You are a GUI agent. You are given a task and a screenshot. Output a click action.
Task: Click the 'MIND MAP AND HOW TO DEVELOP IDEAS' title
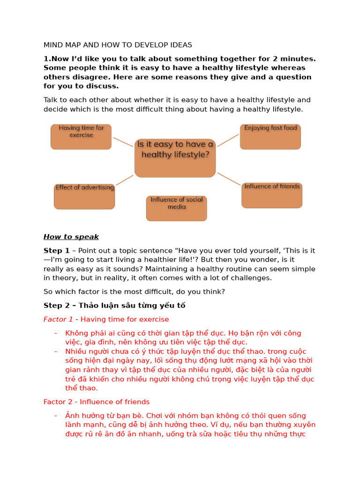[x=118, y=45]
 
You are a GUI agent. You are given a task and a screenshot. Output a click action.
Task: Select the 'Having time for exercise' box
[x=81, y=136]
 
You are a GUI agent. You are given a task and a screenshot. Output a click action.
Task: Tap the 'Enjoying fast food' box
[x=270, y=136]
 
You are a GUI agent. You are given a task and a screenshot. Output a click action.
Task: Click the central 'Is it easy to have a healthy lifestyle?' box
[x=175, y=157]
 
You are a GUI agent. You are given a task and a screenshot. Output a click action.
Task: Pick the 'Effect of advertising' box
[x=84, y=196]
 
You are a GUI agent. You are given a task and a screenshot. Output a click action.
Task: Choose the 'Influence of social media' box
[x=176, y=208]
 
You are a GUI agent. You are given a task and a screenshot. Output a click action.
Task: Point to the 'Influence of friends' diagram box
[x=272, y=195]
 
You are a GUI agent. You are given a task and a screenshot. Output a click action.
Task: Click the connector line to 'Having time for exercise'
[x=123, y=142]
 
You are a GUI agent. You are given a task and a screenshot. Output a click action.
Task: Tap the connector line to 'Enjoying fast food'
[x=228, y=140]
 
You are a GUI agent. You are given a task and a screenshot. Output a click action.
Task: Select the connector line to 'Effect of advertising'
[x=124, y=180]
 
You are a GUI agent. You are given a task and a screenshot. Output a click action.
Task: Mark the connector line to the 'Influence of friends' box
[x=229, y=179]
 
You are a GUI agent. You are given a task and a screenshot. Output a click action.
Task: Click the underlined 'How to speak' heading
[x=71, y=237]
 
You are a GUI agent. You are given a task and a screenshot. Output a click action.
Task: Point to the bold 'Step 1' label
[x=56, y=250]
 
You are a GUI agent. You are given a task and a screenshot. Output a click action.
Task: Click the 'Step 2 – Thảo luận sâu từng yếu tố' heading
[x=114, y=306]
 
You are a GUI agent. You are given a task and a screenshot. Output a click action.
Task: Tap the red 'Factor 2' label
[x=58, y=402]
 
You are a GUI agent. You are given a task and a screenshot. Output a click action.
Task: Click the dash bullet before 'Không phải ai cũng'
[x=56, y=333]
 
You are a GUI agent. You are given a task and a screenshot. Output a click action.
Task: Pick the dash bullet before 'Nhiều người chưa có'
[x=56, y=352]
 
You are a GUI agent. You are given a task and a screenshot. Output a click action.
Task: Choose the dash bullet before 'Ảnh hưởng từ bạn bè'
[x=56, y=416]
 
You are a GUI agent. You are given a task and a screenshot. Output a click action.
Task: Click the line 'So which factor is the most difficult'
[x=134, y=292]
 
